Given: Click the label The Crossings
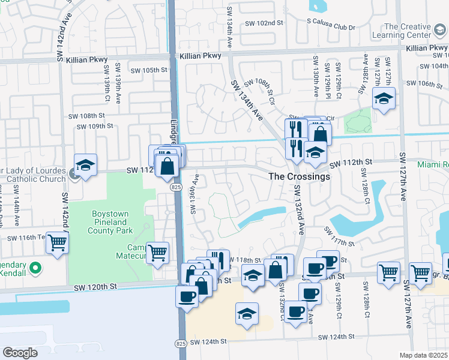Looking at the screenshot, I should [299, 176].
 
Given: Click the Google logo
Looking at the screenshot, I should [20, 353].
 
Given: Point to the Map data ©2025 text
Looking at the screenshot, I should [424, 355].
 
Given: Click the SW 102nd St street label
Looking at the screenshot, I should [264, 23].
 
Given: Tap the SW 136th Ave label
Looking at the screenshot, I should [194, 194].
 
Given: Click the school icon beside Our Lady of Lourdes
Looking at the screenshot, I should [86, 165].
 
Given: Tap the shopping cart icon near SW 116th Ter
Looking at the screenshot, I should [58, 242].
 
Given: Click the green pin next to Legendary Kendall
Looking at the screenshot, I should [35, 268].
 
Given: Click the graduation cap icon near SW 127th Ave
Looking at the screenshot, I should [384, 98].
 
